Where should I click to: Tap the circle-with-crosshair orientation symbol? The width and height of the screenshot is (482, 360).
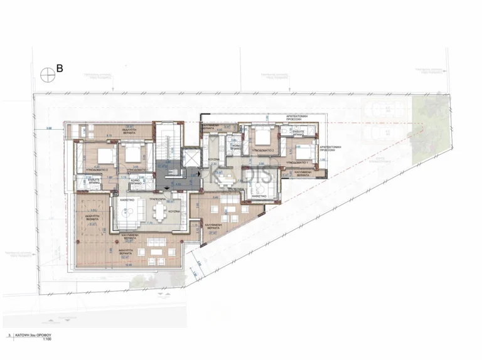(x=45, y=74)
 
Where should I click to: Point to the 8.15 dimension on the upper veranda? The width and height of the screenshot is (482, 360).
(x=109, y=136)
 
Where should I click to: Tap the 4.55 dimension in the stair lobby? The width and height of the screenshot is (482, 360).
(x=178, y=184)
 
